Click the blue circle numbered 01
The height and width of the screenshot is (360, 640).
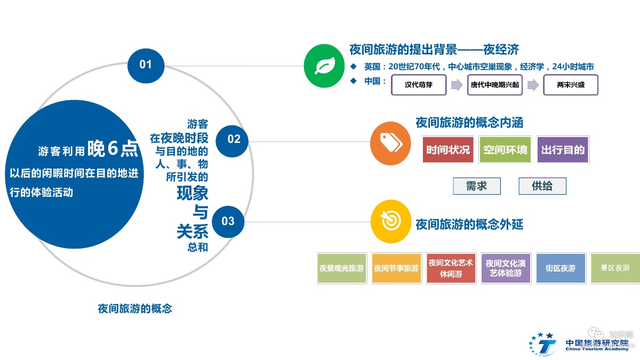pyautogui.click(x=146, y=65)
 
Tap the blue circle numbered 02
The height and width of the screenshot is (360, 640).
pyautogui.click(x=233, y=139)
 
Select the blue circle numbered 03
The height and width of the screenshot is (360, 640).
pyautogui.click(x=228, y=221)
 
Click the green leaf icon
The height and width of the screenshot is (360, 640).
pyautogui.click(x=323, y=66)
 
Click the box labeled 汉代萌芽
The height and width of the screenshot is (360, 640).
pyautogui.click(x=419, y=85)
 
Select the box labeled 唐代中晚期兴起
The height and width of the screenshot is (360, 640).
pyautogui.click(x=494, y=85)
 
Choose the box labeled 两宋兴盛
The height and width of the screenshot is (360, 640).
pyautogui.click(x=570, y=85)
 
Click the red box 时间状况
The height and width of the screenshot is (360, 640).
pyautogui.click(x=448, y=150)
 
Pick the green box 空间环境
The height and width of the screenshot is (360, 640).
pyautogui.click(x=505, y=150)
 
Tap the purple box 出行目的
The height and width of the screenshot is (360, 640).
pyautogui.click(x=563, y=150)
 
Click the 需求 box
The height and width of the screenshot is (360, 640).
pyautogui.click(x=476, y=186)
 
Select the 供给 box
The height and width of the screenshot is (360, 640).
pyautogui.click(x=542, y=186)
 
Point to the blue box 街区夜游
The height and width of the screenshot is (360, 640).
pyautogui.click(x=561, y=268)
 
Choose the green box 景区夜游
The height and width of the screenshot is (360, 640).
pyautogui.click(x=615, y=268)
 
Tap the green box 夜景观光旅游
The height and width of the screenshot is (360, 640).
pyautogui.click(x=341, y=268)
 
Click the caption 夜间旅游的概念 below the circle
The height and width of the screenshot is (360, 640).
pyautogui.click(x=135, y=309)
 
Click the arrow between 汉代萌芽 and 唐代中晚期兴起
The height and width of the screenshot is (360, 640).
pyautogui.click(x=457, y=85)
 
